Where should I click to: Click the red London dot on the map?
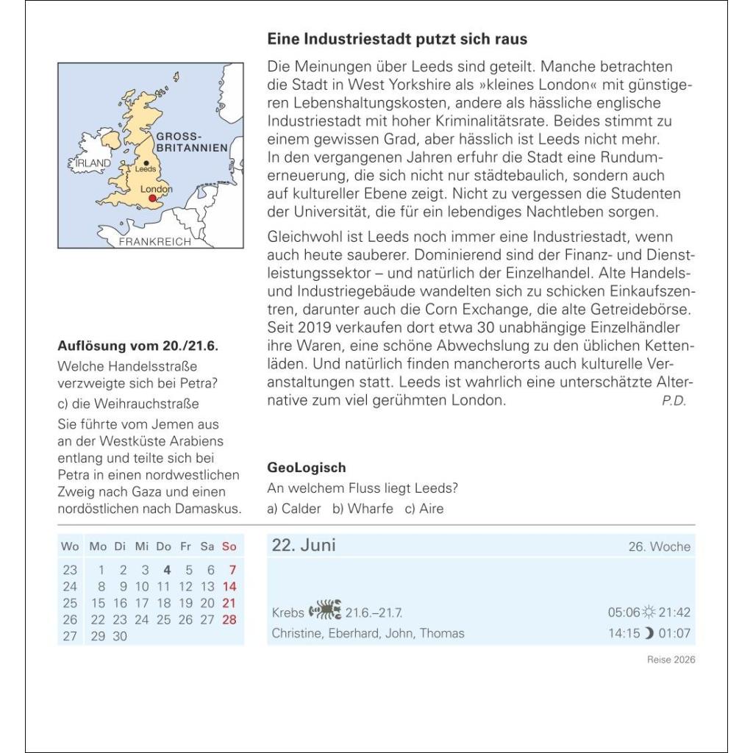tap(153, 199)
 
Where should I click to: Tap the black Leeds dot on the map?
tap(146, 163)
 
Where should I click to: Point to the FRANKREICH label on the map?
tap(154, 241)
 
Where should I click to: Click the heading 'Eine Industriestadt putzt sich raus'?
tap(397, 39)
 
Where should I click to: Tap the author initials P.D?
tap(674, 401)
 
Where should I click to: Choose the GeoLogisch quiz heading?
tap(307, 468)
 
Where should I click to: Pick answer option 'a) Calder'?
tap(294, 509)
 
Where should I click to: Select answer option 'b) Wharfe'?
tap(363, 509)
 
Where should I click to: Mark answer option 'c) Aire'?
tap(424, 509)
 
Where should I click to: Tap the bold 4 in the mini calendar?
tap(167, 570)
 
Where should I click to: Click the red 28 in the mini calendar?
tap(229, 620)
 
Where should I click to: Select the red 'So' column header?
tap(229, 546)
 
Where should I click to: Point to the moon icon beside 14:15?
tap(649, 633)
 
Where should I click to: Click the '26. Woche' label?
tap(660, 547)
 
